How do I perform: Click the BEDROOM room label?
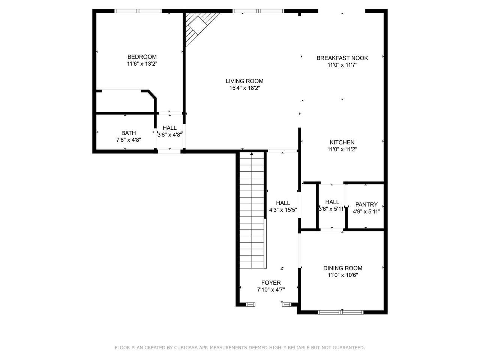pos(142,57)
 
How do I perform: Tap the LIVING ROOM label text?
pos(244,81)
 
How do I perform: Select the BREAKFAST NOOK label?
pos(342,58)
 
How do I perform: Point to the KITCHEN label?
pos(342,142)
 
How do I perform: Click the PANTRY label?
pos(366,205)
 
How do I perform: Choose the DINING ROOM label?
pos(343,268)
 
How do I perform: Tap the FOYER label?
pos(271,283)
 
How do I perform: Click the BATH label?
pos(129,133)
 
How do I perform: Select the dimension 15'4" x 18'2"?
pos(244,88)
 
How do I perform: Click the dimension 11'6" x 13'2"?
pos(142,64)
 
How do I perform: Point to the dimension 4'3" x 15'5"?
pos(283,210)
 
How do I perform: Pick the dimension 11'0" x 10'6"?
pos(343,275)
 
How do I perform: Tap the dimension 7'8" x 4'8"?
pos(129,140)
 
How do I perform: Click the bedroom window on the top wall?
pos(138,11)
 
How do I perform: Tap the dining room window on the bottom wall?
pos(340,312)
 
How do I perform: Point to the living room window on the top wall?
pos(258,11)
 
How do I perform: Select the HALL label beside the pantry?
pos(332,202)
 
